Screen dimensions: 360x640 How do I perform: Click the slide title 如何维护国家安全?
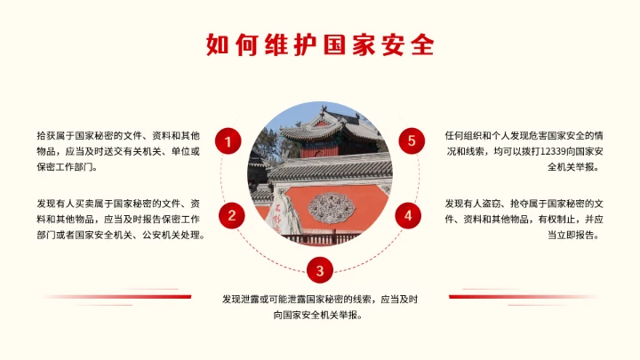point(320,44)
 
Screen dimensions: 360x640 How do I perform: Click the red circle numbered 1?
point(228,141)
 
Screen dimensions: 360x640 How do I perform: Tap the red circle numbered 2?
point(232,215)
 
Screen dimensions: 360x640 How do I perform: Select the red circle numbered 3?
point(320,269)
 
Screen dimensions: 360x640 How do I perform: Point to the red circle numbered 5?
point(412,140)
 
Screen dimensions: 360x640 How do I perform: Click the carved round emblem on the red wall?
point(331,208)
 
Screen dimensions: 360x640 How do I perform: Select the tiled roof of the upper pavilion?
point(311,131)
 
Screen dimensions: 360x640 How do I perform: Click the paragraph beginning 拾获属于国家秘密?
point(118,150)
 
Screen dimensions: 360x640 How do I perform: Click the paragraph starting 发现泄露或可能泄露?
point(320,308)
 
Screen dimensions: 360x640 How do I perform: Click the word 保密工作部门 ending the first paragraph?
point(68,166)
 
